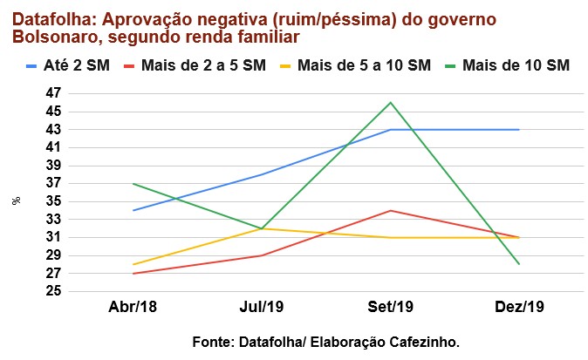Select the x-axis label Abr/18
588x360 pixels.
click(133, 308)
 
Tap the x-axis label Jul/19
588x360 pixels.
click(262, 308)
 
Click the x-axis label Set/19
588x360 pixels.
click(390, 308)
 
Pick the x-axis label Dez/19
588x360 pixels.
click(519, 308)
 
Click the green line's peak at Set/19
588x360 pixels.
click(390, 102)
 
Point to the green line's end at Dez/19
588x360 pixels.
click(519, 264)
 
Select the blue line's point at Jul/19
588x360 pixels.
click(262, 174)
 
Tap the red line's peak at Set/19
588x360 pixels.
click(390, 210)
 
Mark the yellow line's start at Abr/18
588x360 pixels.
click(133, 264)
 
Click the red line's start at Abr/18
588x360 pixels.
click(133, 273)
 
